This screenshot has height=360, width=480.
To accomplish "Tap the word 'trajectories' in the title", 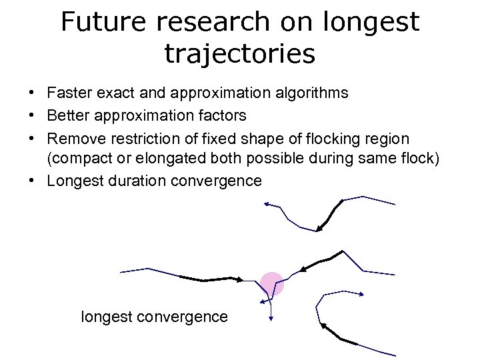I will click(239, 53).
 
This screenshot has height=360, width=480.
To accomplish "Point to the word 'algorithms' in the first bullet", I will click(310, 93).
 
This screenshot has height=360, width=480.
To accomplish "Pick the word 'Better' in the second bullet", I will click(70, 115).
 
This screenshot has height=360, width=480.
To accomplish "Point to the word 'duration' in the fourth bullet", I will click(137, 181).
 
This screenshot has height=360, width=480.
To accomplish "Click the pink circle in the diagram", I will click(272, 284).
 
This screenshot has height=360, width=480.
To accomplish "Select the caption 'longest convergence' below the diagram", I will click(154, 317).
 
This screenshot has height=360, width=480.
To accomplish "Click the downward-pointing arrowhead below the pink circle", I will click(271, 319).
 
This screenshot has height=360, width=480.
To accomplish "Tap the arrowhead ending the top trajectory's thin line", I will click(266, 204).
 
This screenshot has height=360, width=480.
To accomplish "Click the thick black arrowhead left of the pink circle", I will click(238, 280).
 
